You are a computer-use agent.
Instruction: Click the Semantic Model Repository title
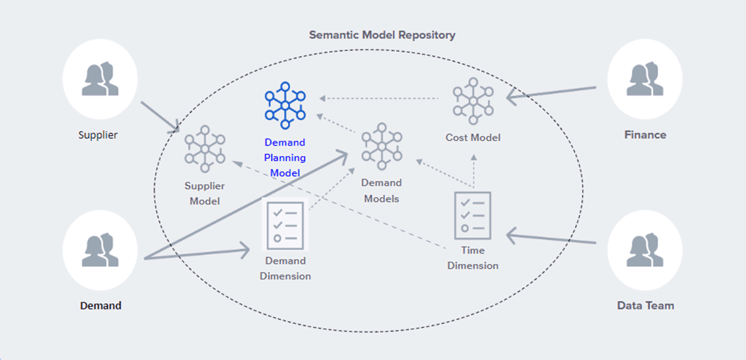pyautogui.click(x=382, y=35)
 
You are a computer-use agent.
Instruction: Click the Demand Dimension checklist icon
pyautogui.click(x=284, y=223)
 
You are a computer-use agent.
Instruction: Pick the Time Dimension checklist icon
pyautogui.click(x=473, y=215)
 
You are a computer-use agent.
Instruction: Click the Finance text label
pyautogui.click(x=645, y=135)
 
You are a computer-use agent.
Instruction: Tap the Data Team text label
pyautogui.click(x=645, y=305)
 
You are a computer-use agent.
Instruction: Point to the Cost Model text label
pyautogui.click(x=473, y=137)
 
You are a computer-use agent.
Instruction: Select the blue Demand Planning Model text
pyautogui.click(x=285, y=158)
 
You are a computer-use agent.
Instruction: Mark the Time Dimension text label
pyautogui.click(x=473, y=258)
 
